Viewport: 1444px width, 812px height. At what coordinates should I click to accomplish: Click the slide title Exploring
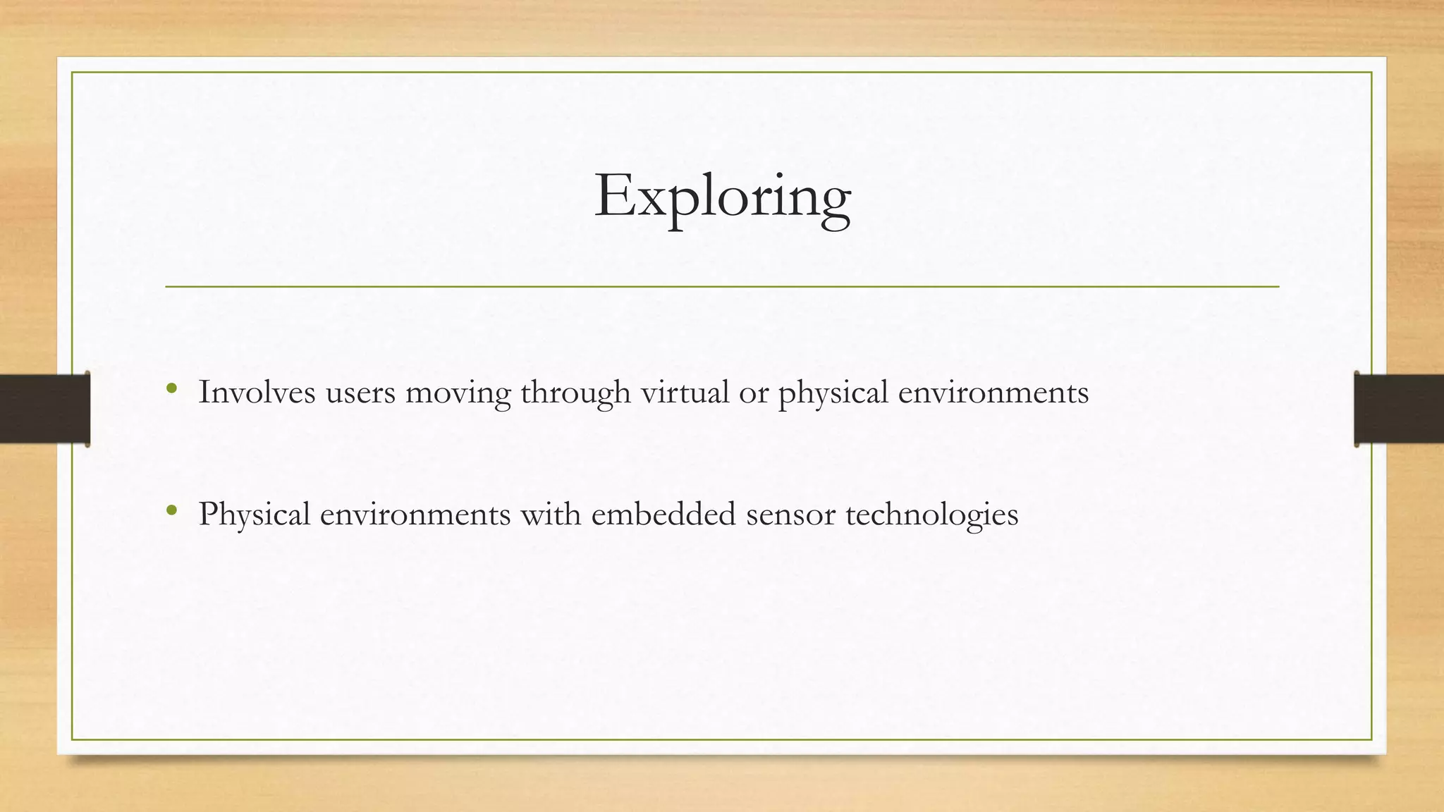coord(722,196)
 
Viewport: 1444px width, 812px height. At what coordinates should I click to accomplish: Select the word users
coord(360,393)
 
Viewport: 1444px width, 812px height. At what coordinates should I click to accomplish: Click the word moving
coord(458,393)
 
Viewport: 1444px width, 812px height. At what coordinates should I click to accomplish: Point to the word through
coord(575,393)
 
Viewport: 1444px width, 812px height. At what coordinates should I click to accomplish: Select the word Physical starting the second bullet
coord(255,515)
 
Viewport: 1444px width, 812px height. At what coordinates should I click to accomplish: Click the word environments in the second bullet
coord(415,515)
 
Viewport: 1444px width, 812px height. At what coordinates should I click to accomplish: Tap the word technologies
coord(931,515)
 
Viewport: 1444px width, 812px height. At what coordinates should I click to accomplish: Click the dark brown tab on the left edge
coord(44,409)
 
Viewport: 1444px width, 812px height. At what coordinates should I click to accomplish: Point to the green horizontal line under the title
coord(722,287)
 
